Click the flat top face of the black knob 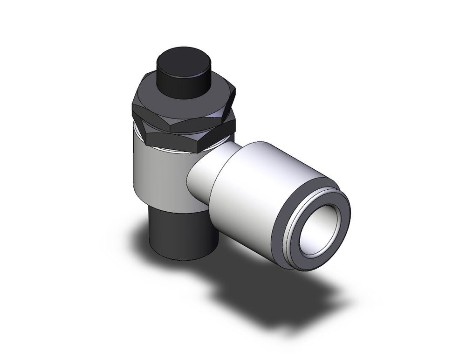coord(181,59)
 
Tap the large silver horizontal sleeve coord(261,187)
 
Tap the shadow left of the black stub coord(140,242)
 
